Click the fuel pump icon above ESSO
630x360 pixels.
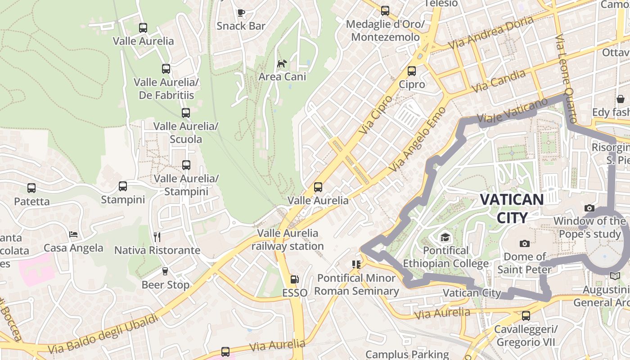294,279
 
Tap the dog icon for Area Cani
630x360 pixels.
282,63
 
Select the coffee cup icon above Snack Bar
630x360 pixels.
241,13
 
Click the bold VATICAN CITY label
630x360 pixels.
512,208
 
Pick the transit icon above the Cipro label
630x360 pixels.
412,71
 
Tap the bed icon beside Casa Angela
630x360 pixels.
73,234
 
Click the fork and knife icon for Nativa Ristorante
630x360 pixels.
157,237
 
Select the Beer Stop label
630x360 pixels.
165,285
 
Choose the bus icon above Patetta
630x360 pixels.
31,188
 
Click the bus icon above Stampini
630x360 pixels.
123,186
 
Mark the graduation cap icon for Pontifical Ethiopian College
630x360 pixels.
445,237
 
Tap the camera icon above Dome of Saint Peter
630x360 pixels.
524,243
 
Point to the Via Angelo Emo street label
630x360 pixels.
418,139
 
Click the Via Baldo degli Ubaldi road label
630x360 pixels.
103,333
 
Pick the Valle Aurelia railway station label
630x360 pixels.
288,239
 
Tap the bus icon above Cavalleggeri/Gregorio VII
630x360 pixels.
526,316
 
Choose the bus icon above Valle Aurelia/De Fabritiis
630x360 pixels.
166,69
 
